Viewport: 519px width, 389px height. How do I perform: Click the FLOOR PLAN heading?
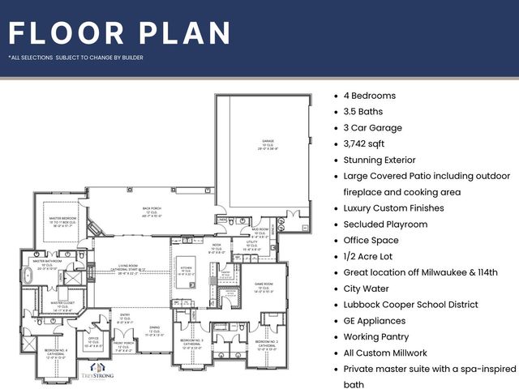tap(120, 32)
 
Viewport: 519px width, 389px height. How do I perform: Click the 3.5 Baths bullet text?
tap(362, 112)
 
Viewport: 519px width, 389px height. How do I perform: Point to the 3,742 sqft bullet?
tap(367, 144)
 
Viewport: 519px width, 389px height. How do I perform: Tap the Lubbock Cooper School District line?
tap(410, 305)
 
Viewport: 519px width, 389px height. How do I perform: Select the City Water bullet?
tap(366, 289)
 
